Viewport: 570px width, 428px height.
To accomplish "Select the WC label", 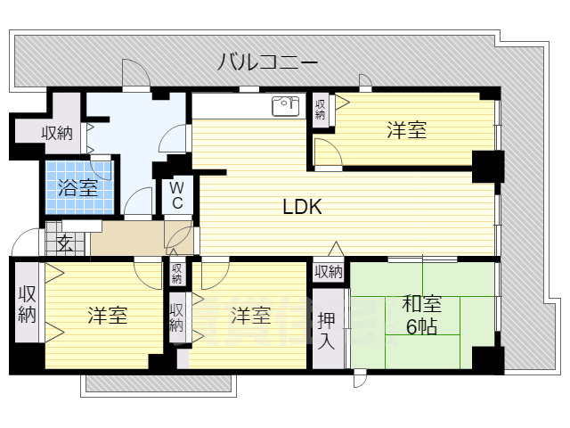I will click(177, 195).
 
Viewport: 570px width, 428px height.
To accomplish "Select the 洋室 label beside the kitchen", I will click(406, 131).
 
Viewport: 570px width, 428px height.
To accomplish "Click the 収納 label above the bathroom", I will click(58, 134).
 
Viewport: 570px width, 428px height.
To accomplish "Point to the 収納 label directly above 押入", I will click(328, 271).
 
